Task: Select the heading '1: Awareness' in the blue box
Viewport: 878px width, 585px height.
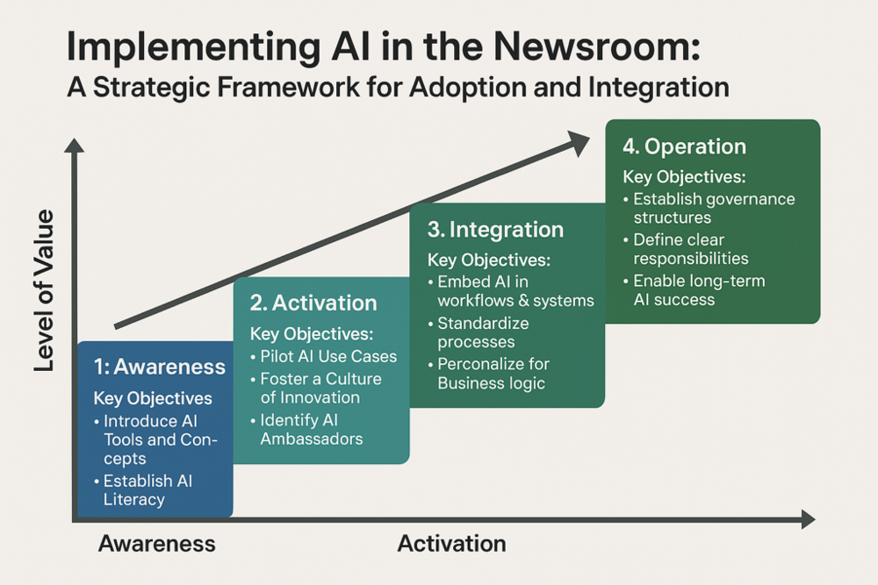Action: [159, 367]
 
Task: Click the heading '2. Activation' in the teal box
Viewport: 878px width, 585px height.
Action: [313, 303]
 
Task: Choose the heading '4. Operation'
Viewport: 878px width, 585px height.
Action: [683, 146]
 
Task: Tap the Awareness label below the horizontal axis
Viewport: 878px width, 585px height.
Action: [156, 543]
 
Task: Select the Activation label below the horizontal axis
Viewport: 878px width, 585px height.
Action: [451, 543]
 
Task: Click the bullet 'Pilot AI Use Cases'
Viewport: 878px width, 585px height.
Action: [328, 357]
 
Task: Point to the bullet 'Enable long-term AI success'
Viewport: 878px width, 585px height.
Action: [698, 289]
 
